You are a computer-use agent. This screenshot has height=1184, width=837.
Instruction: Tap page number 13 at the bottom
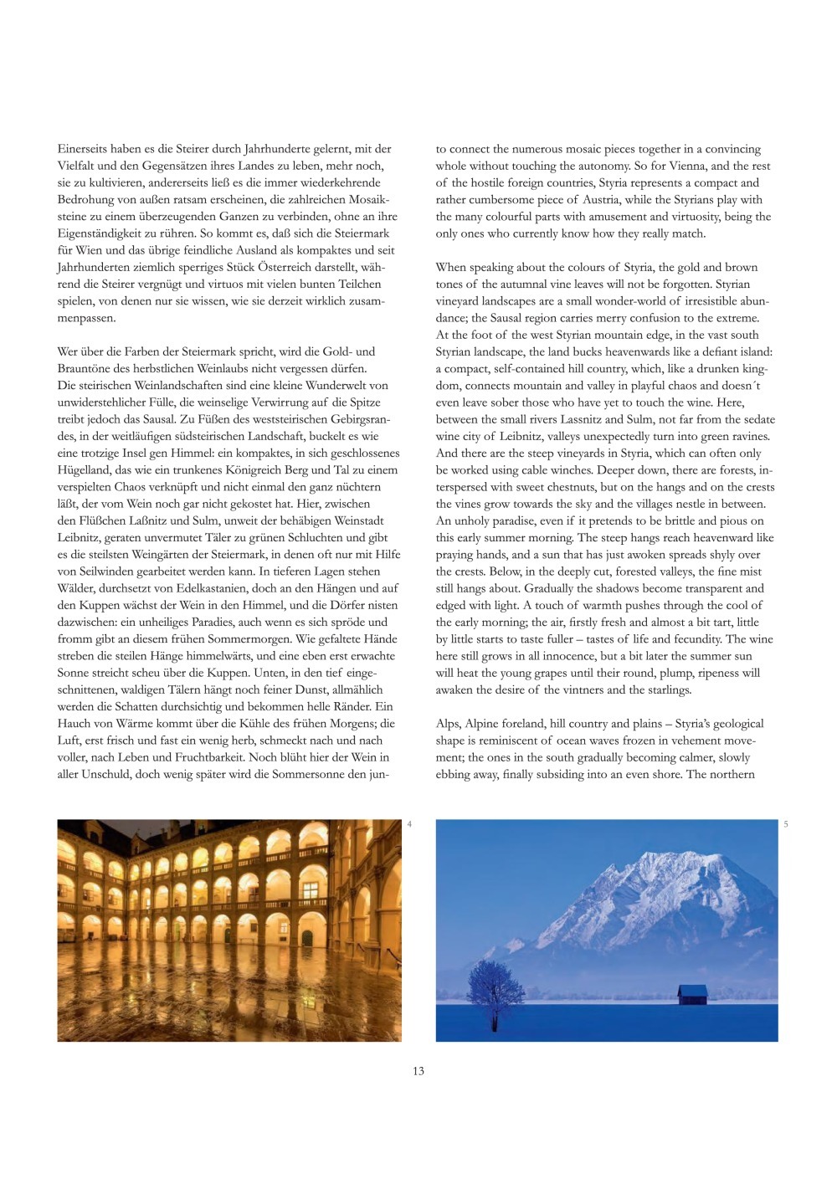click(x=418, y=1071)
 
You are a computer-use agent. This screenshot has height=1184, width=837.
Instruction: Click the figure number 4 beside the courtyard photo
click(x=409, y=825)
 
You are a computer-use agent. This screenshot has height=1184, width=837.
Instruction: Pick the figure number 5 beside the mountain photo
click(x=786, y=825)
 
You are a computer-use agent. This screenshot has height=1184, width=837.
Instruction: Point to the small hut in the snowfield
click(x=692, y=994)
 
